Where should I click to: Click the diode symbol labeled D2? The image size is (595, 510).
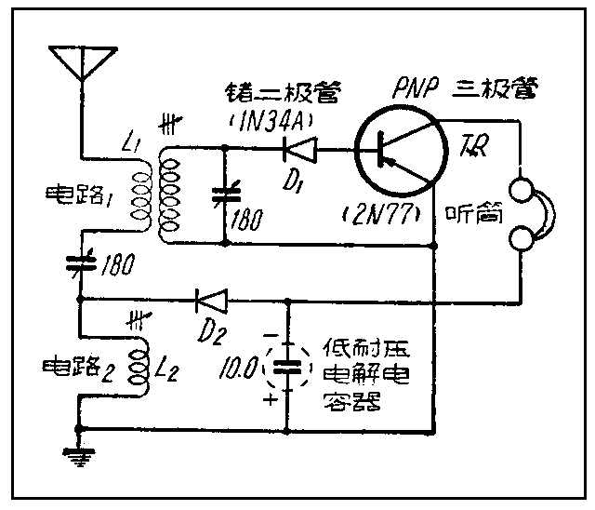(x=210, y=300)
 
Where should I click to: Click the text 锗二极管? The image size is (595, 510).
(x=279, y=91)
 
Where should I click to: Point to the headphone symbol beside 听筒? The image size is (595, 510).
(x=533, y=215)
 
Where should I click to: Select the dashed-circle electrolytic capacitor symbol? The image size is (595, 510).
(x=287, y=366)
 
